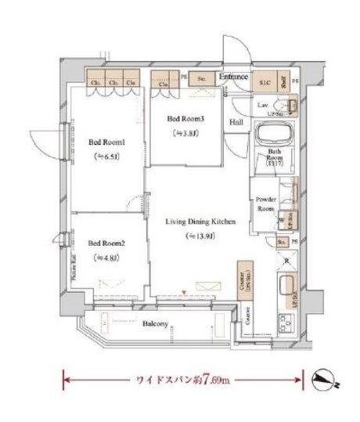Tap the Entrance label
(x=233, y=78)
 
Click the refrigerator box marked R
(x=287, y=261)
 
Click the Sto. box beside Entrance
(x=200, y=78)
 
